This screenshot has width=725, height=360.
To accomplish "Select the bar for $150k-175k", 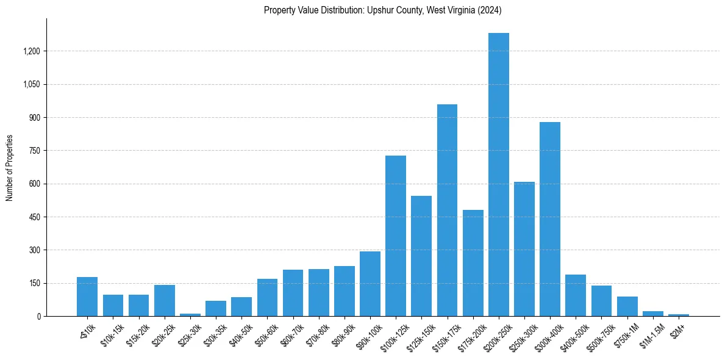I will click(447, 211).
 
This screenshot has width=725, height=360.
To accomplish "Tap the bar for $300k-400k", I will click(550, 219).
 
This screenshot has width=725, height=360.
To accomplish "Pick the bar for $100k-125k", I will click(396, 236).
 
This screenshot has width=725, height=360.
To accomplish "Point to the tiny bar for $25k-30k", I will click(190, 314).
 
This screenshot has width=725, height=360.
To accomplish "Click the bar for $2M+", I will click(679, 315).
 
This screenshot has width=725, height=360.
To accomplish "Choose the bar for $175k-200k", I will click(473, 263).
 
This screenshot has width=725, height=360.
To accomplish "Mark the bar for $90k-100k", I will click(370, 284).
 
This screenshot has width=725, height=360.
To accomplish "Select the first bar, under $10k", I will click(87, 297).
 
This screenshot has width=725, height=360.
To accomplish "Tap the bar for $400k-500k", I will click(576, 295).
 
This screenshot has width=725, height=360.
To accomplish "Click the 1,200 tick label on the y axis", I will click(30, 51).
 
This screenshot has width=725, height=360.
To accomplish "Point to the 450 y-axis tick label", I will click(34, 217).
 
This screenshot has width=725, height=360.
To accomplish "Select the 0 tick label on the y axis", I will click(38, 317).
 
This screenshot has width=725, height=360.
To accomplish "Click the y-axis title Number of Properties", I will click(10, 168).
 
